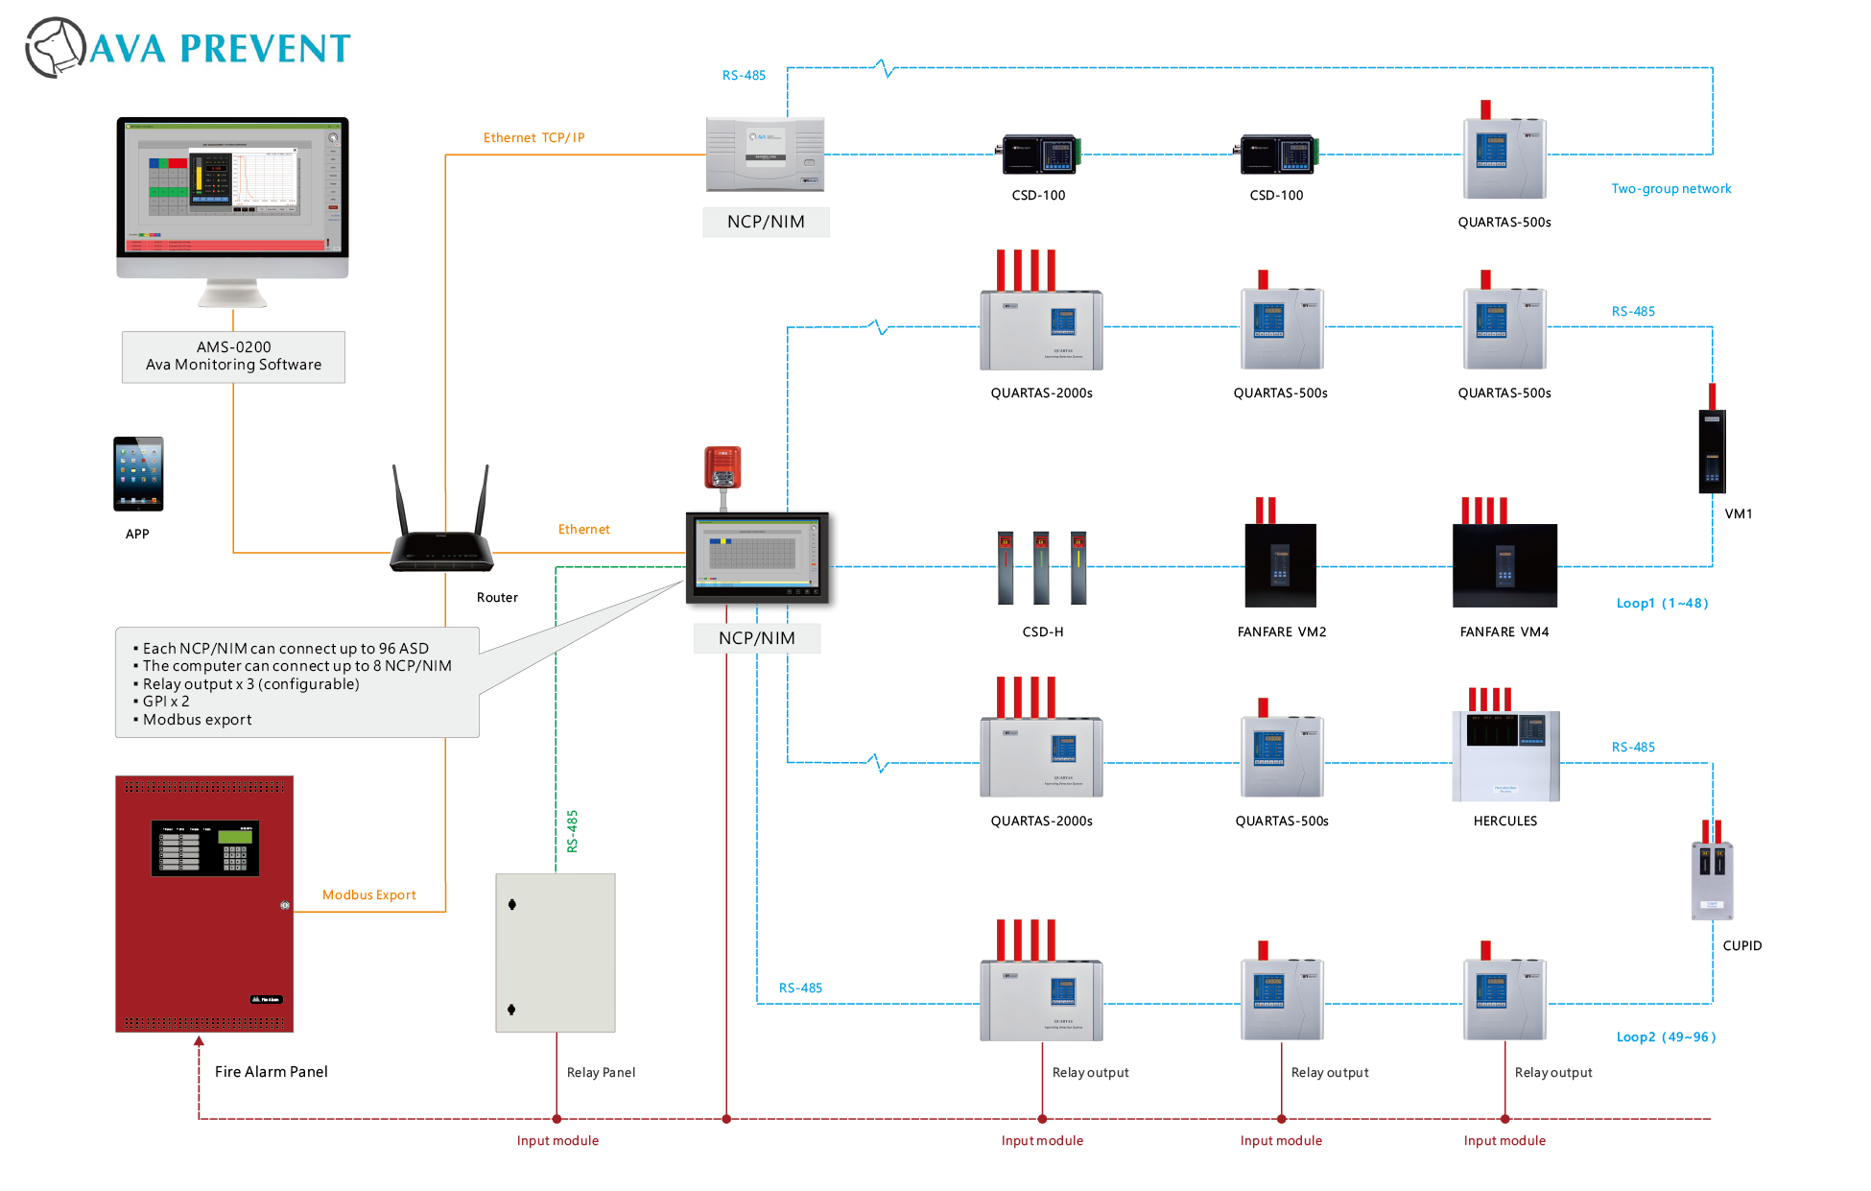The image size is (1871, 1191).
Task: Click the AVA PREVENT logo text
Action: (x=220, y=48)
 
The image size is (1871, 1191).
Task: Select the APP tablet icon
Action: (x=138, y=473)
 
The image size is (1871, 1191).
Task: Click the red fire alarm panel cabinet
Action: (x=204, y=903)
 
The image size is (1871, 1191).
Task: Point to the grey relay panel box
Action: (x=556, y=952)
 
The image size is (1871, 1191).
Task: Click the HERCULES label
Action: (x=1504, y=821)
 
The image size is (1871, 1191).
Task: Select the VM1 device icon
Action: (x=1712, y=449)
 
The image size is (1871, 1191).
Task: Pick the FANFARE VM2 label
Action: (x=1282, y=631)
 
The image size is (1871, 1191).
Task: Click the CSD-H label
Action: (x=1043, y=631)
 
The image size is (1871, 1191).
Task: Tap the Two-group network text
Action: (x=1671, y=189)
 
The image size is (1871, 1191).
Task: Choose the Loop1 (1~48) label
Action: (x=1662, y=603)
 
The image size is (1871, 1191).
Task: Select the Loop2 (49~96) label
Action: (x=1666, y=1036)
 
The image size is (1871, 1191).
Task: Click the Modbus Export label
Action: (x=369, y=894)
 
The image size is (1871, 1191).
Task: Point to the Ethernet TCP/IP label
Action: (x=534, y=138)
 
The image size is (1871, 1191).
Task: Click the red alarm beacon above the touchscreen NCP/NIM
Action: (x=722, y=467)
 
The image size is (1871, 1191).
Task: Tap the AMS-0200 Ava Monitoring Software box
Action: (x=233, y=356)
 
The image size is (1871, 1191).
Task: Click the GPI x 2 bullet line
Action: (x=166, y=702)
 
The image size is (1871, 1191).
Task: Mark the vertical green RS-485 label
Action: (x=572, y=831)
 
